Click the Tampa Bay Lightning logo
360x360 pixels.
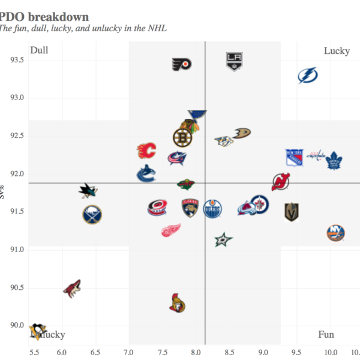[x=308, y=76]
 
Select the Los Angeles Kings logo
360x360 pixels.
[x=234, y=61]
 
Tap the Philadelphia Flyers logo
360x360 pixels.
[x=181, y=64]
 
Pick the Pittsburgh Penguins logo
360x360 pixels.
[x=38, y=329]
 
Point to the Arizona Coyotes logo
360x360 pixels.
[x=73, y=288]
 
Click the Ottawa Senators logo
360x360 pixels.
[x=177, y=304]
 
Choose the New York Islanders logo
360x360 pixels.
[x=335, y=233]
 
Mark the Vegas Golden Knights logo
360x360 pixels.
[x=292, y=212]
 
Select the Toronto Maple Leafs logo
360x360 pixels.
[x=334, y=160]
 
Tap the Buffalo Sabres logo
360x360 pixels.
[x=92, y=214]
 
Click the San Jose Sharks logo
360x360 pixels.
[x=88, y=191]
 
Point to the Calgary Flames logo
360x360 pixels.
[x=146, y=151]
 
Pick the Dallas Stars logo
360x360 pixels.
[x=223, y=239]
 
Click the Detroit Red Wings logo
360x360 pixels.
[x=171, y=230]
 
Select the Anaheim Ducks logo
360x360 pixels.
[x=242, y=133]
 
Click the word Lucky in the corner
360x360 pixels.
[x=337, y=51]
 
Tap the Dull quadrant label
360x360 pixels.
[x=39, y=50]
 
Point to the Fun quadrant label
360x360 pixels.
[x=326, y=335]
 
